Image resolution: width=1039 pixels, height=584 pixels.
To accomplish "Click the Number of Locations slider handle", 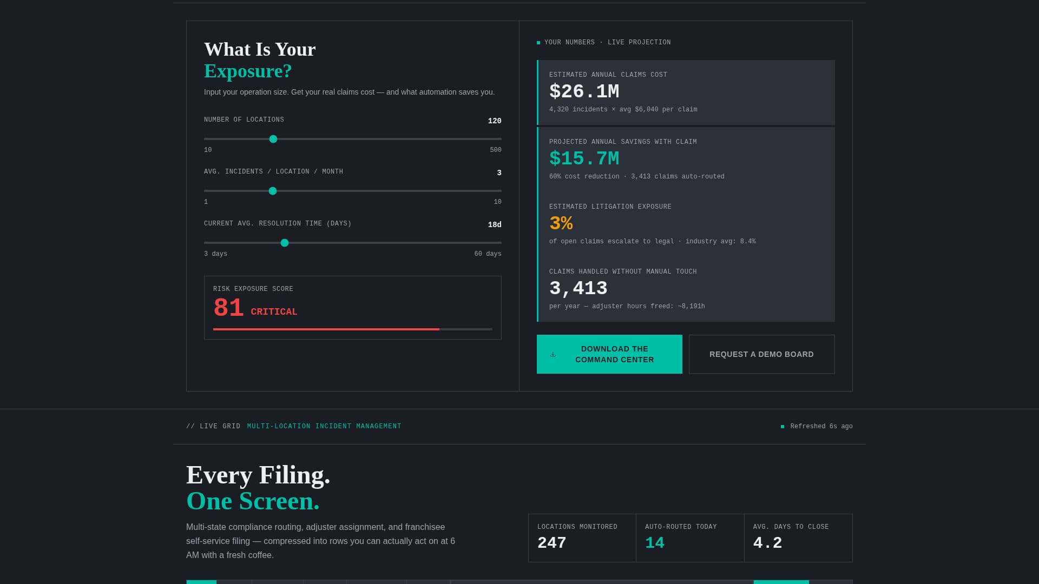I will (x=273, y=139).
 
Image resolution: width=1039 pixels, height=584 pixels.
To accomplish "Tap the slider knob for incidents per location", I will (x=273, y=191).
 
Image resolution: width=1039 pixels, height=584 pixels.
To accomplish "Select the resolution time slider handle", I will (x=285, y=243).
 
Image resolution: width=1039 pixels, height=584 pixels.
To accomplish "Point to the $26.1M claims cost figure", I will (x=584, y=91).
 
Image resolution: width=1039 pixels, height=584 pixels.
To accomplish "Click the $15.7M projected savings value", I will (x=584, y=158).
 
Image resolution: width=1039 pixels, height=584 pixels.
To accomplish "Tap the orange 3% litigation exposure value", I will (x=561, y=223).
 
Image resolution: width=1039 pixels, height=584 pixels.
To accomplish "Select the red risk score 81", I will (x=228, y=308).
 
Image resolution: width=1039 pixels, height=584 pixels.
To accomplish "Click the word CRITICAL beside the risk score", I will (x=274, y=312).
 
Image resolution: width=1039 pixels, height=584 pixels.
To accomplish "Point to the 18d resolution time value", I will (x=494, y=225).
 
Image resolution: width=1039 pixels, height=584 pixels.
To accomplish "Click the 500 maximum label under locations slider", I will (x=495, y=150).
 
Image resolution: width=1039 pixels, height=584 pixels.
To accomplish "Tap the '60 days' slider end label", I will (x=488, y=254).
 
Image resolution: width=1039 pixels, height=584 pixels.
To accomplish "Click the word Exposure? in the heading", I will (x=248, y=71).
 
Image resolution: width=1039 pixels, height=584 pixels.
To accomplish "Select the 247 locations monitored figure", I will (x=551, y=543).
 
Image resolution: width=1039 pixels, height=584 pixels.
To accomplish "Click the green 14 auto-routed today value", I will (x=654, y=543).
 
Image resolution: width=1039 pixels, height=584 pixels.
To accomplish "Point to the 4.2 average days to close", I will (x=767, y=543).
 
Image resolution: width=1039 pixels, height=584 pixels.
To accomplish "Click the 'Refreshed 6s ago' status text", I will (x=821, y=427).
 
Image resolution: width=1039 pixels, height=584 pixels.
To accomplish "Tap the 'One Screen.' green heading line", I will (x=253, y=501).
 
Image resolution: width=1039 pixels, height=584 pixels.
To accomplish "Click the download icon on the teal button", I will (x=553, y=355).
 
